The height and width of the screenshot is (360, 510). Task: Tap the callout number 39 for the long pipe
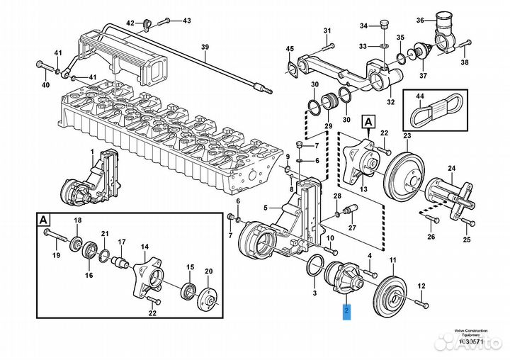[205, 48]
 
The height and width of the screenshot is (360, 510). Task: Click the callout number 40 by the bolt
[45, 86]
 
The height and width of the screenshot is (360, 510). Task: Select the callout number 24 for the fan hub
[471, 168]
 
